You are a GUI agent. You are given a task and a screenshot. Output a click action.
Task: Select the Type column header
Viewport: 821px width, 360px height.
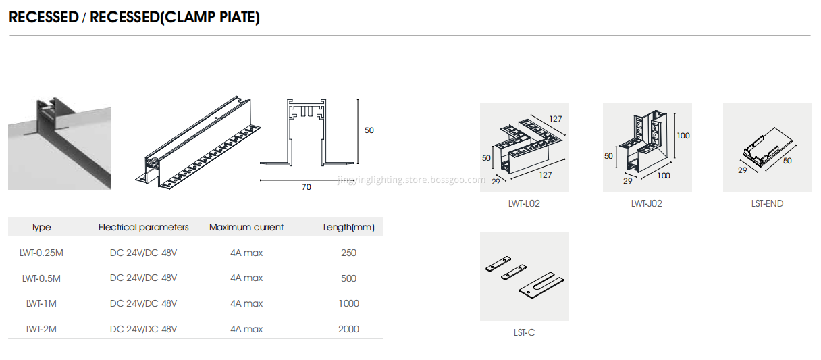(x=41, y=228)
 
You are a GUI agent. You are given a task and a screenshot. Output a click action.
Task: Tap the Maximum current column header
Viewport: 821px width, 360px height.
(x=246, y=228)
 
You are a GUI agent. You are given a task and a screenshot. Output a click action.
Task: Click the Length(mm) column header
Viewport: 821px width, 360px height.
(x=348, y=228)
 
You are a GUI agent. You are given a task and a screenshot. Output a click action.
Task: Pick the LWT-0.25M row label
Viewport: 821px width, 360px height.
(x=41, y=253)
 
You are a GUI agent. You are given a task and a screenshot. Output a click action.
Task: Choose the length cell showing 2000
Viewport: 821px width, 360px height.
(x=348, y=330)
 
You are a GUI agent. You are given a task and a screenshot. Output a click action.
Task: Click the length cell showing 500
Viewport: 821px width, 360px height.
(x=348, y=278)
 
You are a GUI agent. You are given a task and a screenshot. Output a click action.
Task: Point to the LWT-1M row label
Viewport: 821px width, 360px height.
(x=41, y=304)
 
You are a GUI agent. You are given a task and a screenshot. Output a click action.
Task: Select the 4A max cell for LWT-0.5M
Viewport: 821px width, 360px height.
(x=246, y=278)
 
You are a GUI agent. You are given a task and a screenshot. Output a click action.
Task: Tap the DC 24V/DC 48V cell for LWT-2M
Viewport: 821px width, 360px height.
(x=143, y=330)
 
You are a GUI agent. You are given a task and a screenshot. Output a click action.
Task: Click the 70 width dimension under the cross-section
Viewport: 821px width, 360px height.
(x=307, y=187)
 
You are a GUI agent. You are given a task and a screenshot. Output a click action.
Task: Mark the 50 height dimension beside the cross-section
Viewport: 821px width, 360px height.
(x=369, y=130)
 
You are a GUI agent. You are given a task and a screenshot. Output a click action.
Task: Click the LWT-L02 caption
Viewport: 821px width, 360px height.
(x=524, y=203)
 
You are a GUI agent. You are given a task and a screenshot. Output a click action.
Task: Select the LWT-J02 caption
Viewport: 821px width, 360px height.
(x=646, y=203)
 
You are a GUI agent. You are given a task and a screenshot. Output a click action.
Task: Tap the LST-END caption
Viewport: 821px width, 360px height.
(x=767, y=203)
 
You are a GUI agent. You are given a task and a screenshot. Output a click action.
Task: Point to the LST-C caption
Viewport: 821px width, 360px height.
(x=524, y=332)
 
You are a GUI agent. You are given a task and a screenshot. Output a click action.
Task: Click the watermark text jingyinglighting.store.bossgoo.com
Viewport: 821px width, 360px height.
(x=410, y=180)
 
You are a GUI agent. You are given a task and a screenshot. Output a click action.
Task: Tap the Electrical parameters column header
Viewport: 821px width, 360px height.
(x=143, y=228)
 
